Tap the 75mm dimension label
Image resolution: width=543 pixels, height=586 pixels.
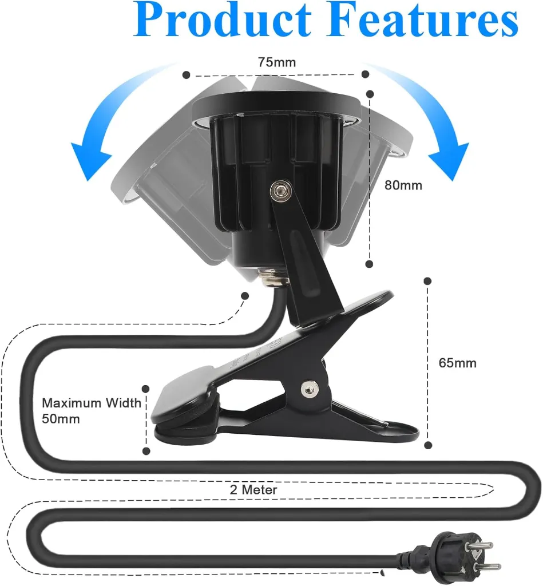pos(276,62)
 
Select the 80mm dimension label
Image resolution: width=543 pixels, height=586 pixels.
pos(403,185)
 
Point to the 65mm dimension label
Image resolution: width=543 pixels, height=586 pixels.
pos(457,363)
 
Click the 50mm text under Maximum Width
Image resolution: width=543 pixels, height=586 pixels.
pos(61,419)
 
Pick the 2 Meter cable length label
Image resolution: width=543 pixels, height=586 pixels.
pos(253,490)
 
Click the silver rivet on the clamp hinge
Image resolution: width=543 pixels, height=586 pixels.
pos(310,389)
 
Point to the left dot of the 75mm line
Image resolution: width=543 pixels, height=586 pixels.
pos(185,75)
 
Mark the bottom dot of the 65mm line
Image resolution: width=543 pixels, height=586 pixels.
pos(427,445)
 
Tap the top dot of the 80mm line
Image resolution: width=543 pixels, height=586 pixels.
pos(370,93)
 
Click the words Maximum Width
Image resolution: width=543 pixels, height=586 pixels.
pos(92,403)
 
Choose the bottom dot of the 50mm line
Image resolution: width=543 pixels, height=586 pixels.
pos(146,451)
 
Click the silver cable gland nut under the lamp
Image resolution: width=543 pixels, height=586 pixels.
pos(269,280)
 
